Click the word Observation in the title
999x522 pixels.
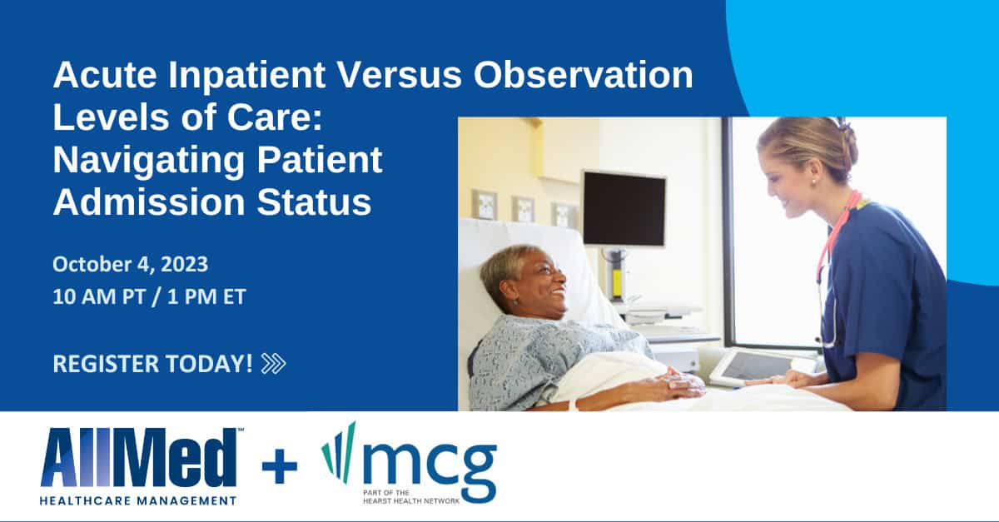(x=583, y=75)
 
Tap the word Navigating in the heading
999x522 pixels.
(x=148, y=162)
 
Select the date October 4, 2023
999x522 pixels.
(x=130, y=264)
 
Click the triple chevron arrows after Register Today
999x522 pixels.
(x=273, y=363)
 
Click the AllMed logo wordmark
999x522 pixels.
(x=139, y=458)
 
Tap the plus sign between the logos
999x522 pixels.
(x=280, y=465)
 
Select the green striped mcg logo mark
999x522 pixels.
(x=339, y=452)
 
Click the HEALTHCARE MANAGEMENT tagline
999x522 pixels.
(x=138, y=500)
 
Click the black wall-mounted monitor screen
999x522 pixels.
(x=624, y=209)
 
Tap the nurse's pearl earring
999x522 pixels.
(x=813, y=181)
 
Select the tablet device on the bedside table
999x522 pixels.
(x=753, y=367)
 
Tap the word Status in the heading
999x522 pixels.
(x=314, y=203)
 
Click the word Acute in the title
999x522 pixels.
(x=105, y=75)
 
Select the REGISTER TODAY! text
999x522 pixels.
(x=153, y=364)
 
